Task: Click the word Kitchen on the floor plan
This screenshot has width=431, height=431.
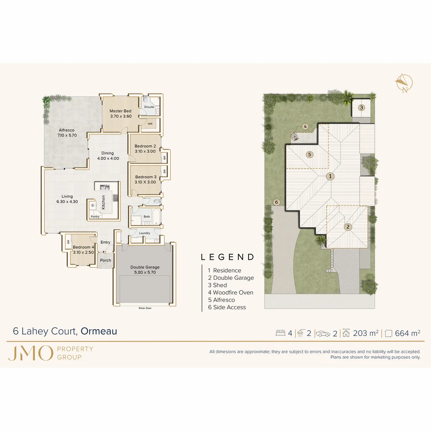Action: pos(104,202)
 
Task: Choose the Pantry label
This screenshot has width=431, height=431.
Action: pos(95,217)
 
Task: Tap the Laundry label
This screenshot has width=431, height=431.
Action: pos(144,233)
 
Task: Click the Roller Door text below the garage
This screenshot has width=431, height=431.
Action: pos(145,308)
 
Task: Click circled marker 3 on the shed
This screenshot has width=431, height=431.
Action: pos(361,107)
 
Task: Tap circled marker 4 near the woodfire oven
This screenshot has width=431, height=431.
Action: pos(305,127)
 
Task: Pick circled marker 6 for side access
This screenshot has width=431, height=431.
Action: pos(276,202)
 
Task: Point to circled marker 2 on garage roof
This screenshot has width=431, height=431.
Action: pos(348,227)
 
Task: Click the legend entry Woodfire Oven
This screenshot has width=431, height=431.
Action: pos(230,293)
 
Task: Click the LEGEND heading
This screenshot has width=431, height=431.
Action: pos(227,257)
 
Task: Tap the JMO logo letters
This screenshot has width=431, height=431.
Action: pos(30,353)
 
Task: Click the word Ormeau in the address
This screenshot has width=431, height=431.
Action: pos(99,331)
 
